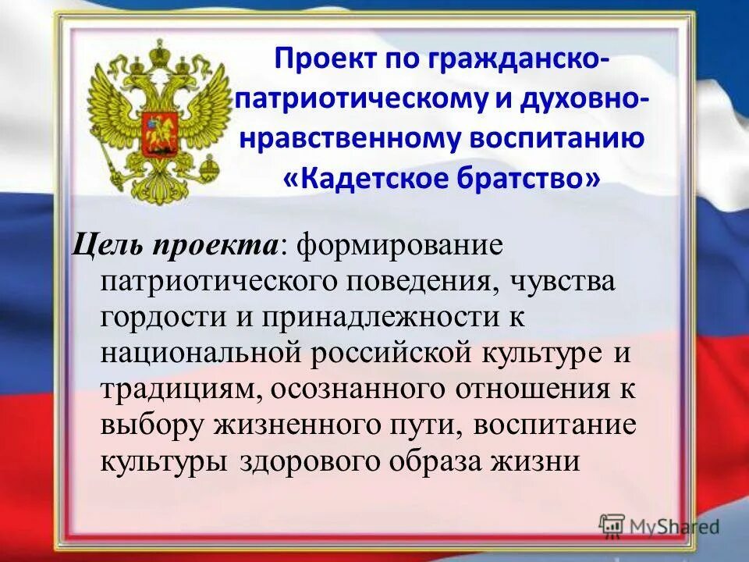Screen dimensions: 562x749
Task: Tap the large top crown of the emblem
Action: (160, 55)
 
